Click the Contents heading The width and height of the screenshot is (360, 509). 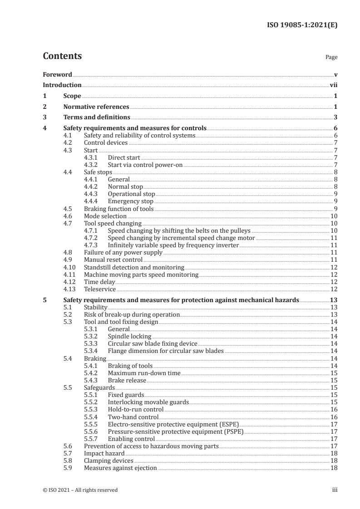click(x=62, y=56)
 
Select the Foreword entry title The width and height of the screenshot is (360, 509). click(x=57, y=74)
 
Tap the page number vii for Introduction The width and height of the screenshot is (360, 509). click(x=333, y=85)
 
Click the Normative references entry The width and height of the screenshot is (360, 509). click(x=96, y=107)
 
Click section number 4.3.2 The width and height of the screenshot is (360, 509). click(x=92, y=165)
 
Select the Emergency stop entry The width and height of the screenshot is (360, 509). click(x=130, y=201)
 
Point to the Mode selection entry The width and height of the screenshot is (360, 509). click(x=105, y=216)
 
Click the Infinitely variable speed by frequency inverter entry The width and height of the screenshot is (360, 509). click(x=173, y=245)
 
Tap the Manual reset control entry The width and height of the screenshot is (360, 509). click(x=113, y=260)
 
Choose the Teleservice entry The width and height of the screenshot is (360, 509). click(x=100, y=289)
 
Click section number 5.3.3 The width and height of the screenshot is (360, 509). click(x=92, y=344)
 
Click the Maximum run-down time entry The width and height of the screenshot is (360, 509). click(x=144, y=373)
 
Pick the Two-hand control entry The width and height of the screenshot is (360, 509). click(x=133, y=417)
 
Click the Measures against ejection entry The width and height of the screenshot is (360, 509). click(x=120, y=468)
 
